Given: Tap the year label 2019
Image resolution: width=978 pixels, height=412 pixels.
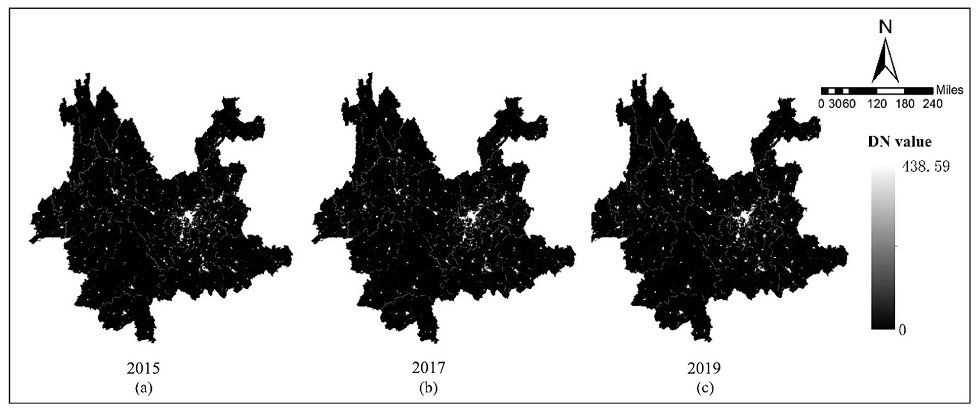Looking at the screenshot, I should [x=704, y=368].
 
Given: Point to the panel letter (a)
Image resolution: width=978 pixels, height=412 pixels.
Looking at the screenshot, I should [x=143, y=387].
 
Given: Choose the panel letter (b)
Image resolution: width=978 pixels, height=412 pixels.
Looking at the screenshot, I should [x=428, y=387].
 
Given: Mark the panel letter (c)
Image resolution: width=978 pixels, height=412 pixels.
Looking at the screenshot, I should [x=704, y=387].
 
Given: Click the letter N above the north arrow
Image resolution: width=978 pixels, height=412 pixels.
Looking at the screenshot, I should [x=886, y=27].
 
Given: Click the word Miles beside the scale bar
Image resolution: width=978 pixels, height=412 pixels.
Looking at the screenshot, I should [x=949, y=90].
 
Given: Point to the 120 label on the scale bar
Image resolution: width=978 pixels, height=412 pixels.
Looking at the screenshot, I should [x=877, y=103].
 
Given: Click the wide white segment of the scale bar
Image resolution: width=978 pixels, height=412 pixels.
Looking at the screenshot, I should [x=891, y=91].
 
